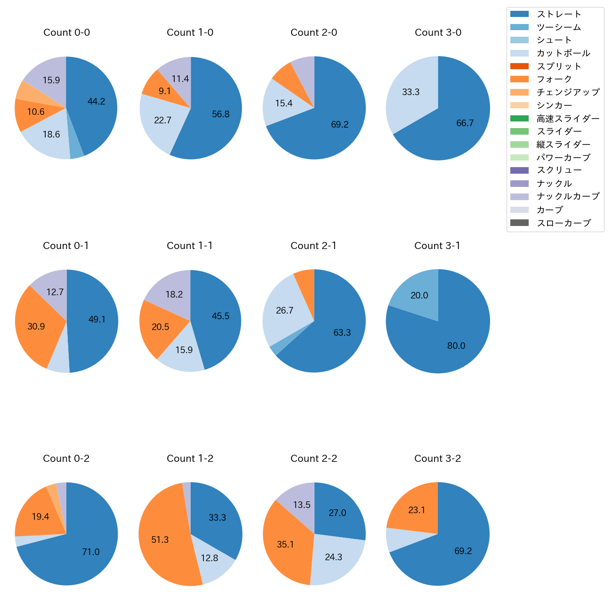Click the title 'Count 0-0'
point(66,32)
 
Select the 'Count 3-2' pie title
point(437,459)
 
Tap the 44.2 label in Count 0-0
point(97,101)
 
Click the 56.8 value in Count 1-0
point(221,114)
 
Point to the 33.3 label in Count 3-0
point(411,92)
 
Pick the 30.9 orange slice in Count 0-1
point(36,326)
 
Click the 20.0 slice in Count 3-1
point(419,295)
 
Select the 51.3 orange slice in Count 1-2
point(160,540)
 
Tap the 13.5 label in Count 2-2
point(302,505)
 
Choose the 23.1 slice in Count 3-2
point(417,510)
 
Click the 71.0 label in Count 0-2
point(91,552)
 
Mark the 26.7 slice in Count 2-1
point(285,310)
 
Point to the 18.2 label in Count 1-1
point(174,294)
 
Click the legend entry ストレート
point(559,14)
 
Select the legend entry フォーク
point(554,79)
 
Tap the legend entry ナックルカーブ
point(568,196)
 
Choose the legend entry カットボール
point(563,53)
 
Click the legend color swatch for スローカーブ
point(519,223)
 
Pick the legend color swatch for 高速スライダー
point(519,119)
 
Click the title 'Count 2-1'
point(314,246)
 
